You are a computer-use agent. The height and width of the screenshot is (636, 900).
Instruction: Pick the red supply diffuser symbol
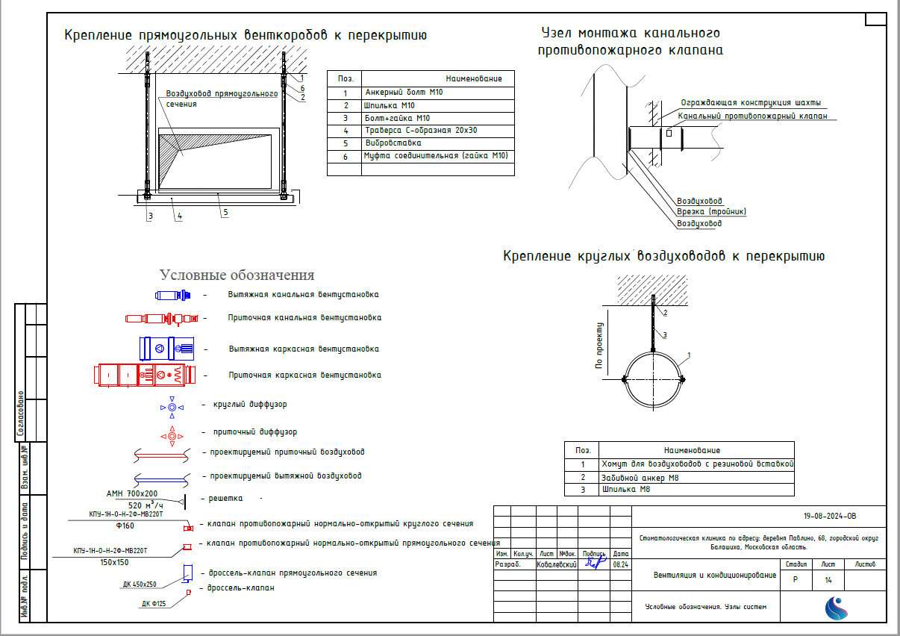tap(172, 435)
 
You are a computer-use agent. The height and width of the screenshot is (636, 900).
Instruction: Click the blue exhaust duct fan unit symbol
tap(173, 296)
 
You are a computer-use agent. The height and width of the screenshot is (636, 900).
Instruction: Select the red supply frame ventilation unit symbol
tap(144, 374)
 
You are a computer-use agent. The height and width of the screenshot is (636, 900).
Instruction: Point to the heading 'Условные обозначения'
tap(237, 275)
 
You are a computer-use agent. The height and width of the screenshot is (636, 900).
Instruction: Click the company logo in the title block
tap(836, 608)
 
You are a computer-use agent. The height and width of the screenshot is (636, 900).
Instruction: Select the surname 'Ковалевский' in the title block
tap(557, 565)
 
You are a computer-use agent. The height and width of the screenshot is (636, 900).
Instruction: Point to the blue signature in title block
tap(595, 564)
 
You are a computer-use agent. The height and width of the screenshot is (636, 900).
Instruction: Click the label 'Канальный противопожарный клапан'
tap(751, 116)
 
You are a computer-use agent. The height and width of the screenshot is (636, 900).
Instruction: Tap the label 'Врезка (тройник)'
tap(711, 212)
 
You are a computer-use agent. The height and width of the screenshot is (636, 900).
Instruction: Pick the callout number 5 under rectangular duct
tap(224, 212)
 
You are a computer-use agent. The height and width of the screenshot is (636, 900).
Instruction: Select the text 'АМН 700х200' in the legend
tap(132, 494)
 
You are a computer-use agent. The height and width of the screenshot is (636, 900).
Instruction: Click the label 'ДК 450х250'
tap(140, 584)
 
